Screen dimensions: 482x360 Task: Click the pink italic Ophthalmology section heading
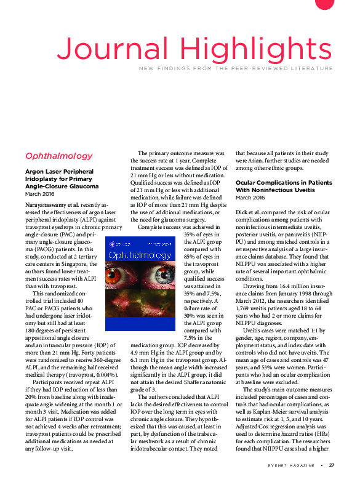(x=59, y=156)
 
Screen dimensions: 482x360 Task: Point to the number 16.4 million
(x=297, y=286)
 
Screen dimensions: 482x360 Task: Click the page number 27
(x=332, y=465)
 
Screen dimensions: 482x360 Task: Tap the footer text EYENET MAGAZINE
(x=289, y=465)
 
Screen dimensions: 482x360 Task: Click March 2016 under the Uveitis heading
(x=249, y=198)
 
